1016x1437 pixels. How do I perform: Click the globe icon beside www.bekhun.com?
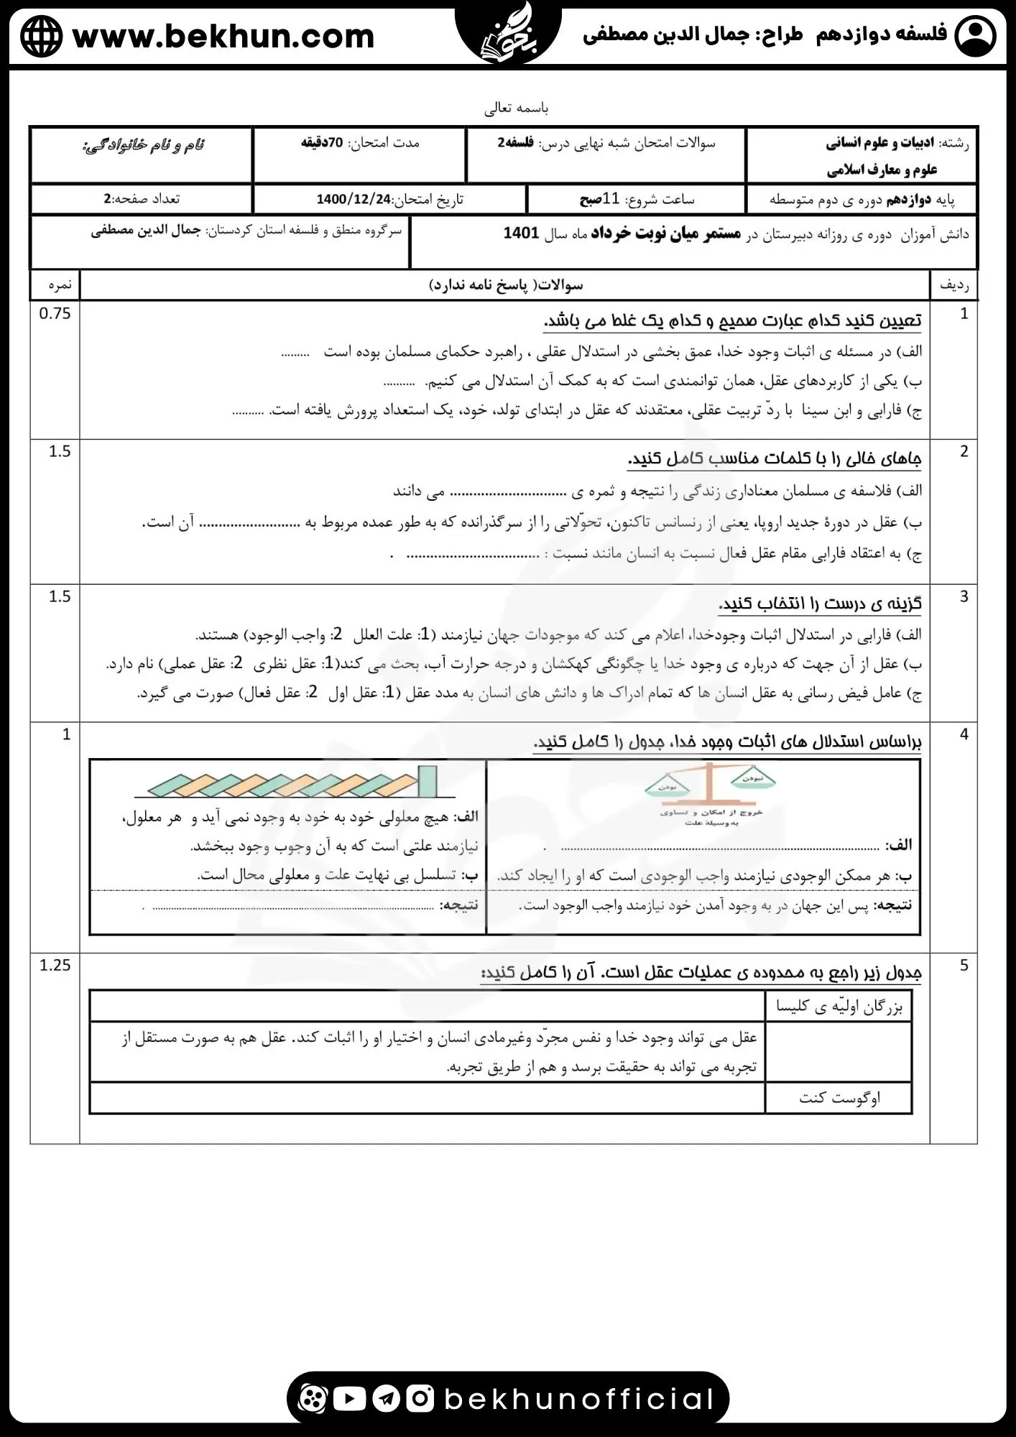pos(42,36)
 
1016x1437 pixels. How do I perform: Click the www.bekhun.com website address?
pos(223,36)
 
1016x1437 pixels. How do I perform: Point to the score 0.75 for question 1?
pos(55,313)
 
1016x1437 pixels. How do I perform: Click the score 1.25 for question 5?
pos(55,965)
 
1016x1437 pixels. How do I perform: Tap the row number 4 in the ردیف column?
pos(964,734)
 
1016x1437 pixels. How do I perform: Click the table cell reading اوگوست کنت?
pos(839,1098)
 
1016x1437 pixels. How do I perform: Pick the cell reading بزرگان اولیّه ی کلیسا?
pos(839,1007)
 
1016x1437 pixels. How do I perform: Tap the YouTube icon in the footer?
pos(350,1398)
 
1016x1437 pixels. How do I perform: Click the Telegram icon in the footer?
pos(386,1398)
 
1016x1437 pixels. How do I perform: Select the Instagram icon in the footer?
pos(420,1398)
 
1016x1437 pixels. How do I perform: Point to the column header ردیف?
pos(953,285)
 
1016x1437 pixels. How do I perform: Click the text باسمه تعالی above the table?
pos(516,108)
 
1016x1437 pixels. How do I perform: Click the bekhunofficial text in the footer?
pos(579,1398)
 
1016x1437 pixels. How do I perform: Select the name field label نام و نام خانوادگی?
pos(143,145)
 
